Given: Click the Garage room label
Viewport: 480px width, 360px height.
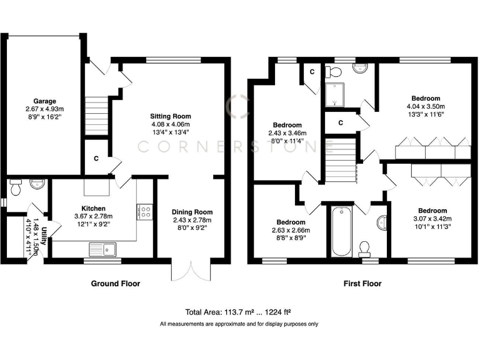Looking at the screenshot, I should (x=45, y=101).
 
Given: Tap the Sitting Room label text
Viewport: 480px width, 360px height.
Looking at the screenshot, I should (x=170, y=116).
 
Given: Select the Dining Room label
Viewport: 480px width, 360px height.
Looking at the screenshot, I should (x=192, y=212).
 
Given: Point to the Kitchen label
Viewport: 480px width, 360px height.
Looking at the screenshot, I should (x=93, y=208).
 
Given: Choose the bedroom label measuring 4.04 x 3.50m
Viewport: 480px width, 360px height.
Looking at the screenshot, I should (x=425, y=98).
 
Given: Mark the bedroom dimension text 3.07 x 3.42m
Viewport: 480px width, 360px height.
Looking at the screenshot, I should (x=432, y=219).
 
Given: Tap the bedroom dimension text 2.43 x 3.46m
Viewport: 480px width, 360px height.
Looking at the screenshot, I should (x=287, y=133).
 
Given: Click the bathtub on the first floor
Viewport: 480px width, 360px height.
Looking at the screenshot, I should (x=341, y=232).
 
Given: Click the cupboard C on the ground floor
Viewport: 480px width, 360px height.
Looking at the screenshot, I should (x=96, y=158).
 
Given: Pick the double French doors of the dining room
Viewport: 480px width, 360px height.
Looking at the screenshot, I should (x=187, y=271).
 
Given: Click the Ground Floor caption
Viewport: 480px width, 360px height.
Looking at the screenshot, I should (x=116, y=284).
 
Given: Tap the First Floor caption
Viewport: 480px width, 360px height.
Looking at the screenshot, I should (x=362, y=284).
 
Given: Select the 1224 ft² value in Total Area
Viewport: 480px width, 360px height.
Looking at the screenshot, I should (x=276, y=312).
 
